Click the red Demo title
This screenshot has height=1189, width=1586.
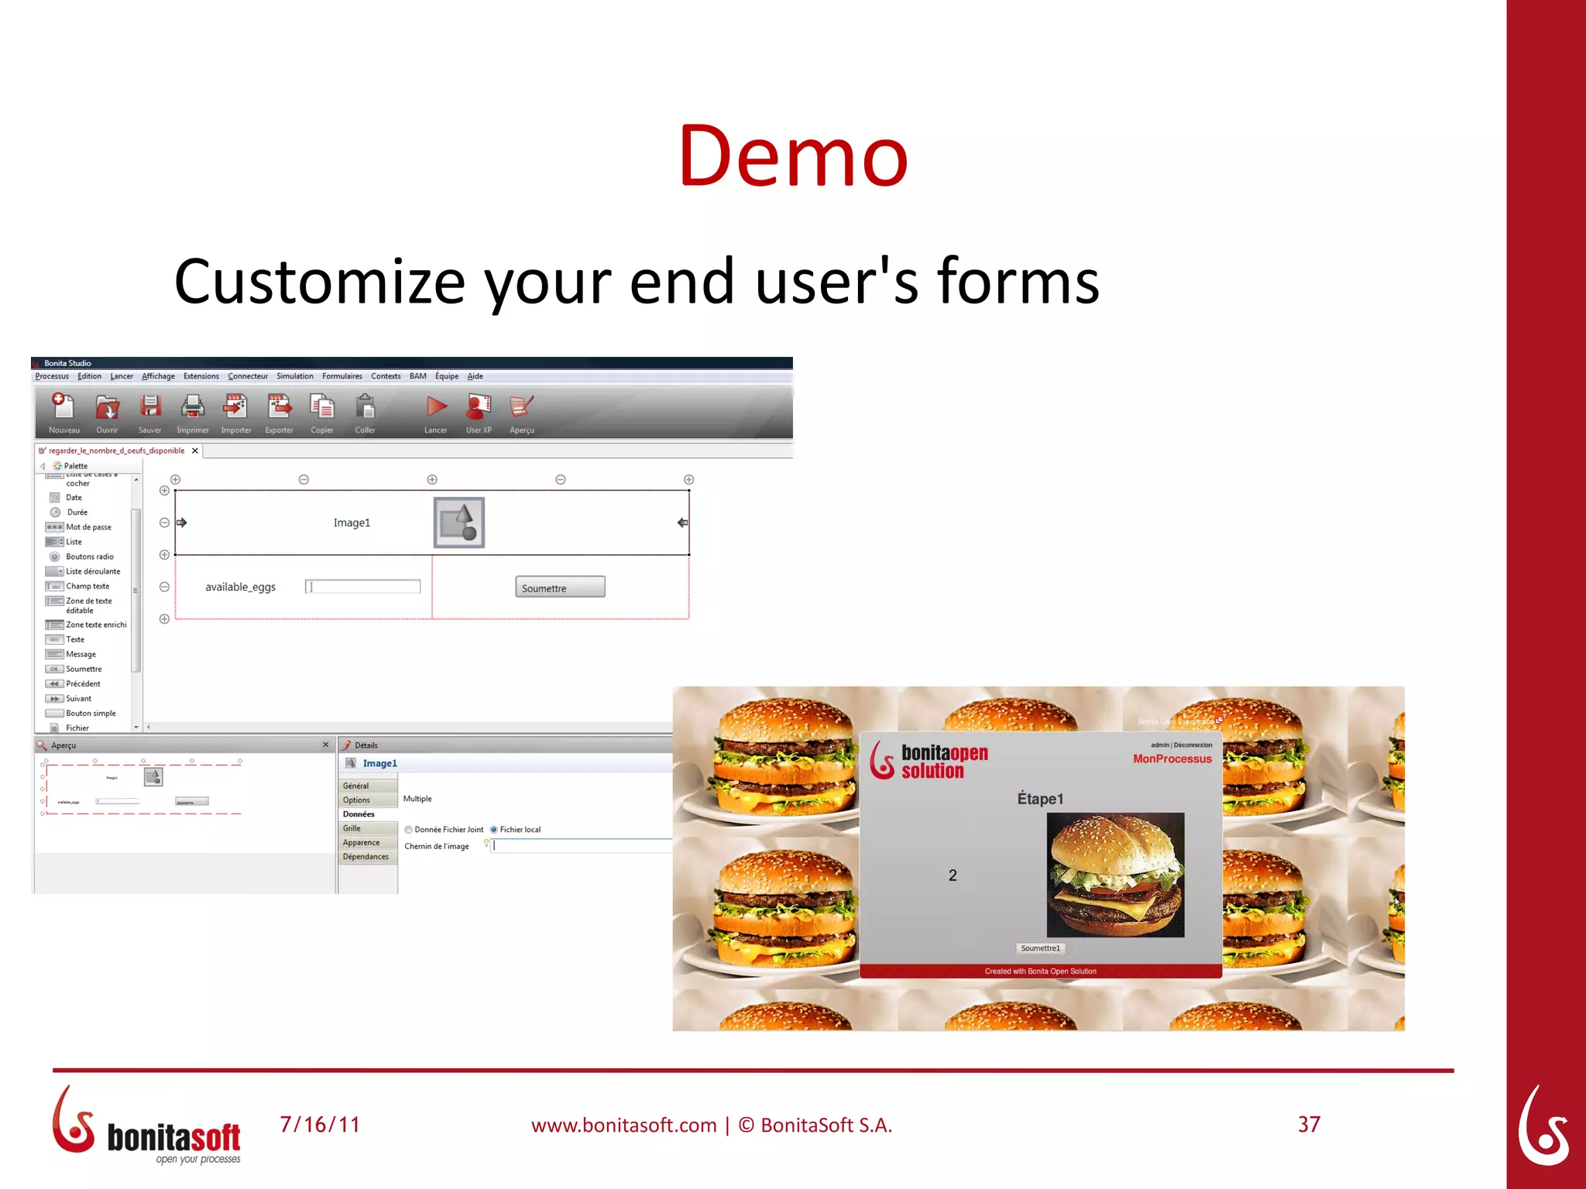[x=792, y=156]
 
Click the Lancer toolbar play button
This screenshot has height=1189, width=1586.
[x=437, y=406]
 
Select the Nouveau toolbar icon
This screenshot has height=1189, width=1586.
[x=63, y=406]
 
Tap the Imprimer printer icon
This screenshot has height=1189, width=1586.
[x=192, y=406]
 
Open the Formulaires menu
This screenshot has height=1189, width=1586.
[x=342, y=376]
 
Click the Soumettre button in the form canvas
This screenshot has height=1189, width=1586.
[x=560, y=588]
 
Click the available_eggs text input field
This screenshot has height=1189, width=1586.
[x=363, y=587]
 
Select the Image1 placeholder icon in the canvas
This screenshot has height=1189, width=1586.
[x=458, y=523]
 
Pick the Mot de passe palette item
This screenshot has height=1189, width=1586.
[x=88, y=527]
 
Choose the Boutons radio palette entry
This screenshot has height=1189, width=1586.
[x=89, y=557]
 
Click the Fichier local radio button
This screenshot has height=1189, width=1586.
[x=494, y=830]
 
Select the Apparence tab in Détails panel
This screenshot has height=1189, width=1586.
[x=362, y=842]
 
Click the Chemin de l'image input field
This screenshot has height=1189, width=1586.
[x=581, y=846]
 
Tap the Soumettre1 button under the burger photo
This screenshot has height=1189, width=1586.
[x=1040, y=948]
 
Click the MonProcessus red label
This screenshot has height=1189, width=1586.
[x=1172, y=759]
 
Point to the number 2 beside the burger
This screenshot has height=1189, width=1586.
[x=953, y=875]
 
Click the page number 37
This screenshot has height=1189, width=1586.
[x=1309, y=1125]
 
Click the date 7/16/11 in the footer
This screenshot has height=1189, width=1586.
[x=320, y=1125]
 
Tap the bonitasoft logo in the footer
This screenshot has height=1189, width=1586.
[x=147, y=1127]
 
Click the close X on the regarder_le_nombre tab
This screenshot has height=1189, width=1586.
[x=195, y=451]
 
